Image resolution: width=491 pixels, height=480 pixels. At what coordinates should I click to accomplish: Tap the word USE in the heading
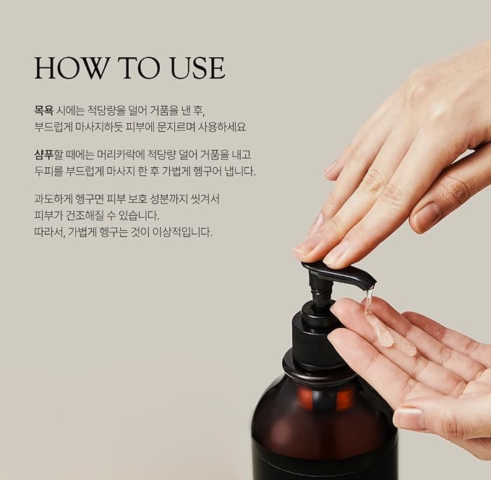[x=197, y=68]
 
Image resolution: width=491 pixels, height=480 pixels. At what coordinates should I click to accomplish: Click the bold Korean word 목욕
[x=43, y=110]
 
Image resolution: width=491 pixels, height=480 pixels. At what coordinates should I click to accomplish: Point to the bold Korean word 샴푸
[x=44, y=154]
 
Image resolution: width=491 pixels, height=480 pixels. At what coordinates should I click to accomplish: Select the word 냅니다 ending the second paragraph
[x=240, y=171]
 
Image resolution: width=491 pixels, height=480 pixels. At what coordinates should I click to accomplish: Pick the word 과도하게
[x=54, y=198]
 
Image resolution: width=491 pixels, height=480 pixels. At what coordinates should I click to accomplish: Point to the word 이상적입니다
[x=182, y=232]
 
